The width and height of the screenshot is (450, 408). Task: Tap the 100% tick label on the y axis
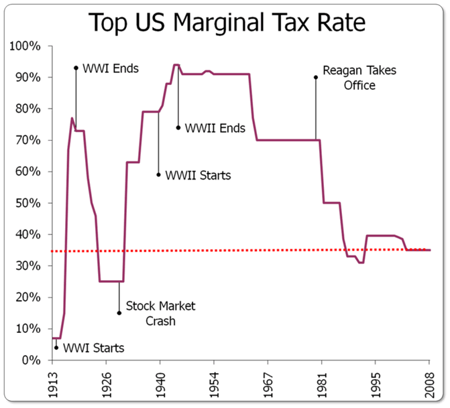coord(25,46)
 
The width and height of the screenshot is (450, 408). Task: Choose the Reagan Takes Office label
coord(349,77)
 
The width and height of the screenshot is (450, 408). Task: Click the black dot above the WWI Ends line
coord(76,68)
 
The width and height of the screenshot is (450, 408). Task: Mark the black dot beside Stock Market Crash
coord(119,313)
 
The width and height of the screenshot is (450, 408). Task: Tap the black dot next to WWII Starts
coord(159,175)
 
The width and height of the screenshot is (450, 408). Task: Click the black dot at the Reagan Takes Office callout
coord(316,77)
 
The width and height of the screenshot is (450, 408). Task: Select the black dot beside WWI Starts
coord(56,348)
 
